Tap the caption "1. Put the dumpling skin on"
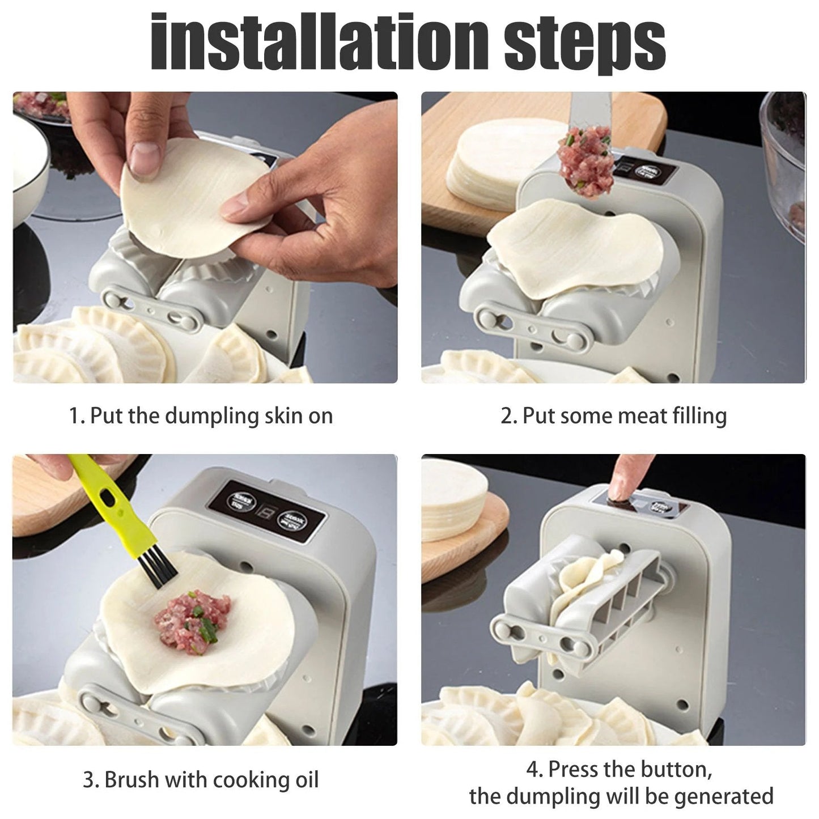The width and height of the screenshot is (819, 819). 201,415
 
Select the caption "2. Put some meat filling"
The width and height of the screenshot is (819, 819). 613,415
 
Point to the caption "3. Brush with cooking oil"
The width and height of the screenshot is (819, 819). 201,779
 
